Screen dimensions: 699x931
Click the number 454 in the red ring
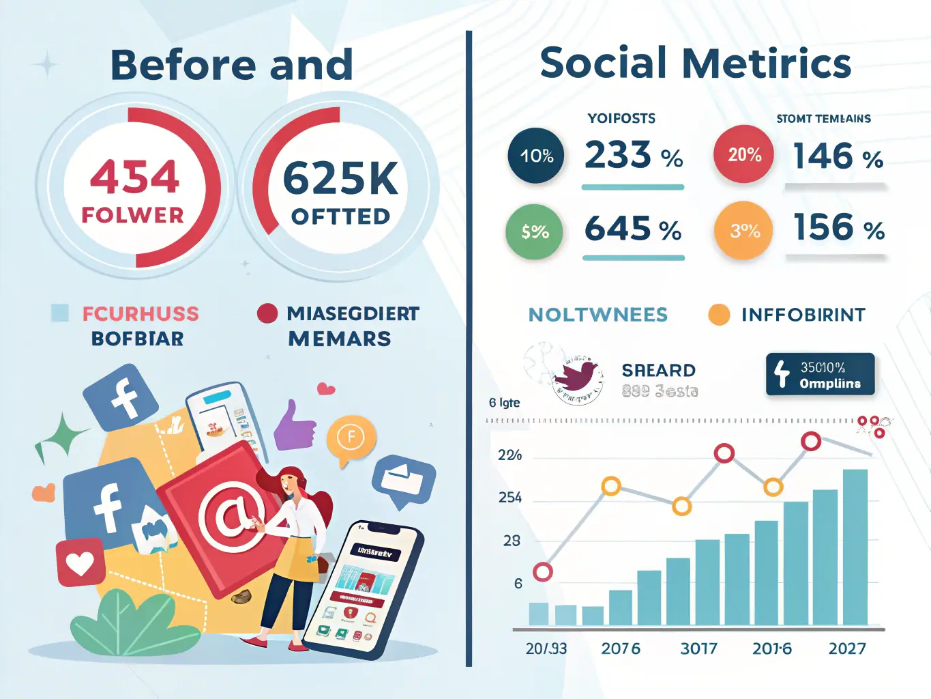tap(135, 177)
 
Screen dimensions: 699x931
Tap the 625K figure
tap(340, 179)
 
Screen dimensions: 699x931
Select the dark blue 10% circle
tap(536, 156)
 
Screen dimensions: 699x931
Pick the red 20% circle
tap(743, 154)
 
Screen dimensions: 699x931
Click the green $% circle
tap(535, 231)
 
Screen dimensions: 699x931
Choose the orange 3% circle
tap(743, 231)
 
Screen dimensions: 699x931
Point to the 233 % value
tap(633, 155)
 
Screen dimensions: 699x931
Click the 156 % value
tap(838, 227)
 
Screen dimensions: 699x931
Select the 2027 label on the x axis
tap(846, 648)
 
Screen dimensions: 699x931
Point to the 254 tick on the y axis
tap(510, 498)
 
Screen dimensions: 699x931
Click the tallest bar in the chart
tap(855, 546)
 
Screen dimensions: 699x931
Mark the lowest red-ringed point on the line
tap(543, 572)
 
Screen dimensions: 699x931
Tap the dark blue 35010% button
tap(820, 374)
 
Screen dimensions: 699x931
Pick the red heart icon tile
tap(80, 563)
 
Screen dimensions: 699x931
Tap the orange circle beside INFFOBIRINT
tap(719, 315)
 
